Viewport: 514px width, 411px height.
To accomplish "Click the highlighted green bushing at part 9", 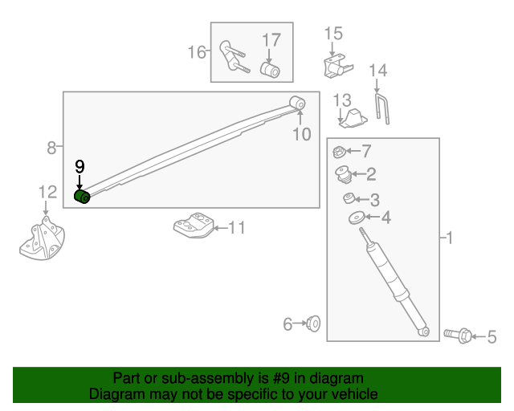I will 81,197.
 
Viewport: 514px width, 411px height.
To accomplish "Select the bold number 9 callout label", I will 79,167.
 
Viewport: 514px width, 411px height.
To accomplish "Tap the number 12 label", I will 47,192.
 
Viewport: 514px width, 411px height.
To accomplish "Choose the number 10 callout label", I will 301,134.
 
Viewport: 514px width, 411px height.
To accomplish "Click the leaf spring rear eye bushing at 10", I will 297,102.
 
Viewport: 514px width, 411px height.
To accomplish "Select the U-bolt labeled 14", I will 382,109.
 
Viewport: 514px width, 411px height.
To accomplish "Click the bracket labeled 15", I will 336,67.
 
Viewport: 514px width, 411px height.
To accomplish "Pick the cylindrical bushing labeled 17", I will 271,71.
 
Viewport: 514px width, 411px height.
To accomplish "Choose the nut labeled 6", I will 314,324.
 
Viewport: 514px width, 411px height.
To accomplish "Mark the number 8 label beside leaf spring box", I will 51,148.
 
